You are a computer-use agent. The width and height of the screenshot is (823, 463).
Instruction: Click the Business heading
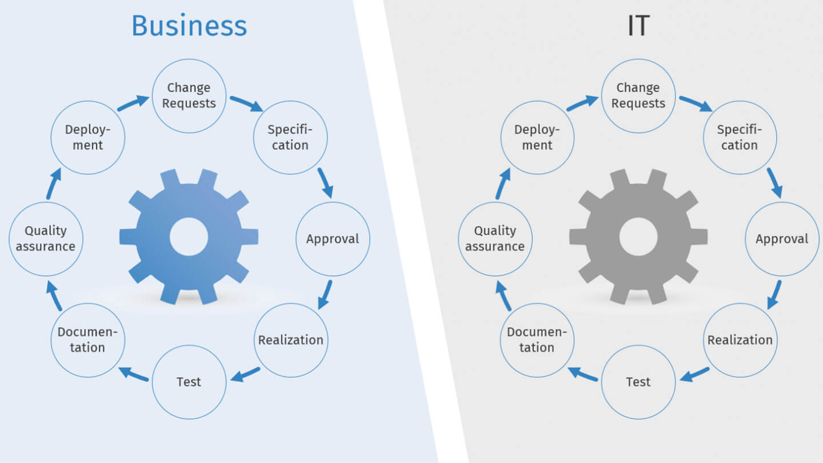tap(189, 26)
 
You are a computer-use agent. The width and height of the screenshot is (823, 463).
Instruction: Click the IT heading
tap(638, 26)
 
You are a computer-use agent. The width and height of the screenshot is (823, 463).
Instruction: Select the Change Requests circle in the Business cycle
tap(189, 96)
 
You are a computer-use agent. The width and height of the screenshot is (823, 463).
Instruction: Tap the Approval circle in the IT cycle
tap(782, 239)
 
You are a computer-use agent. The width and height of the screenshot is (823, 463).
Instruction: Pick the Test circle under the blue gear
tap(189, 382)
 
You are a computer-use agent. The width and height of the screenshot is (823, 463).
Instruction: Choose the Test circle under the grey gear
tap(638, 382)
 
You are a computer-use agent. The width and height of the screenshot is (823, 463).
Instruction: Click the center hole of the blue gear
tap(189, 237)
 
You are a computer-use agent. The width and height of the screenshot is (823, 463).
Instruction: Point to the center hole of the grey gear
tap(638, 237)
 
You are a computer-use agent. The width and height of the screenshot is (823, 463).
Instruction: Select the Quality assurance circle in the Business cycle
tap(46, 239)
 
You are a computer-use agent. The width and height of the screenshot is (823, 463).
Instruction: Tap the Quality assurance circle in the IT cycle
tap(496, 239)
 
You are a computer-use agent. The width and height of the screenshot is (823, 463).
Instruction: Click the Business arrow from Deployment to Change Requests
tap(133, 103)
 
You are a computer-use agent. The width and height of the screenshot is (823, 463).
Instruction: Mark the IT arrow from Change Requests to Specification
tap(696, 103)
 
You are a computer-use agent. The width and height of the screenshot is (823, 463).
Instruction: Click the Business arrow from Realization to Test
tap(245, 374)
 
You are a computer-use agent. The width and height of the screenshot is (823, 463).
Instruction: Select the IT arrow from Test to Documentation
tap(582, 374)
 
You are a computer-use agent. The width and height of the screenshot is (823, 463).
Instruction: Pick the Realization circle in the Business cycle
tap(291, 340)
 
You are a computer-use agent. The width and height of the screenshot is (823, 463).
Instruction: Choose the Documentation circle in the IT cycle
tap(537, 340)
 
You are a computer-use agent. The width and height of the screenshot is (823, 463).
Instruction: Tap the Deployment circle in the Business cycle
tap(87, 138)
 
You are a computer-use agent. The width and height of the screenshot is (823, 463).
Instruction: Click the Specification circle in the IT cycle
tap(740, 138)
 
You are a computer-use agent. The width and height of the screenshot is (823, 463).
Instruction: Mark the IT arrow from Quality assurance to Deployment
tap(502, 183)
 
